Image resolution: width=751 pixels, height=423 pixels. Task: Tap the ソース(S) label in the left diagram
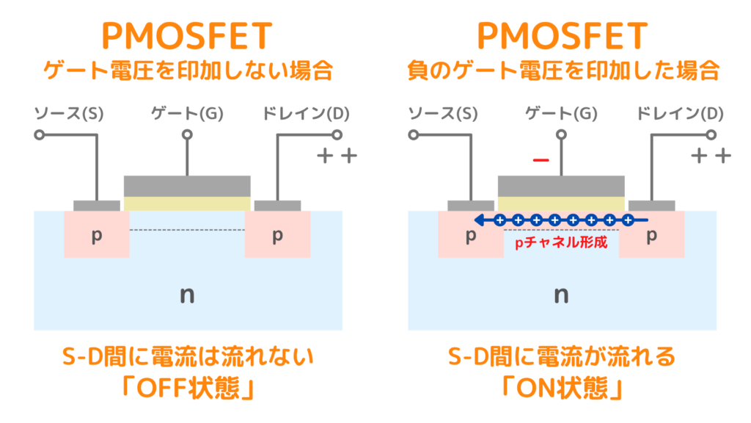point(70,114)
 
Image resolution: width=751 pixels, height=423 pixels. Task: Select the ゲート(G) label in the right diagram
point(562,114)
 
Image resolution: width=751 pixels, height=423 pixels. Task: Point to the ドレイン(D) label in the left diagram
point(306,114)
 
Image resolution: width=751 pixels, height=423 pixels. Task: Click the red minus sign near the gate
point(541,161)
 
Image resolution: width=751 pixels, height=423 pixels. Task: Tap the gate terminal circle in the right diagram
point(562,135)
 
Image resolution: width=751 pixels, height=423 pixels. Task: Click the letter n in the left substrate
point(187,295)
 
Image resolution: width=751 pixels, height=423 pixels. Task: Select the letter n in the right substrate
point(562,295)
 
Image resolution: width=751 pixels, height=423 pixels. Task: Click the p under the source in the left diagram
point(95,235)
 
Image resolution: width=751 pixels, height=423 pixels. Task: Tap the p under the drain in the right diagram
point(651,235)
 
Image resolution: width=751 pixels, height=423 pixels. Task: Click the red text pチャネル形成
point(562,242)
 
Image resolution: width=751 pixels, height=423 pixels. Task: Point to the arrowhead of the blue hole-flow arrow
point(477,220)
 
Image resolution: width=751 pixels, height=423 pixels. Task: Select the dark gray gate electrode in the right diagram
point(562,185)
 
